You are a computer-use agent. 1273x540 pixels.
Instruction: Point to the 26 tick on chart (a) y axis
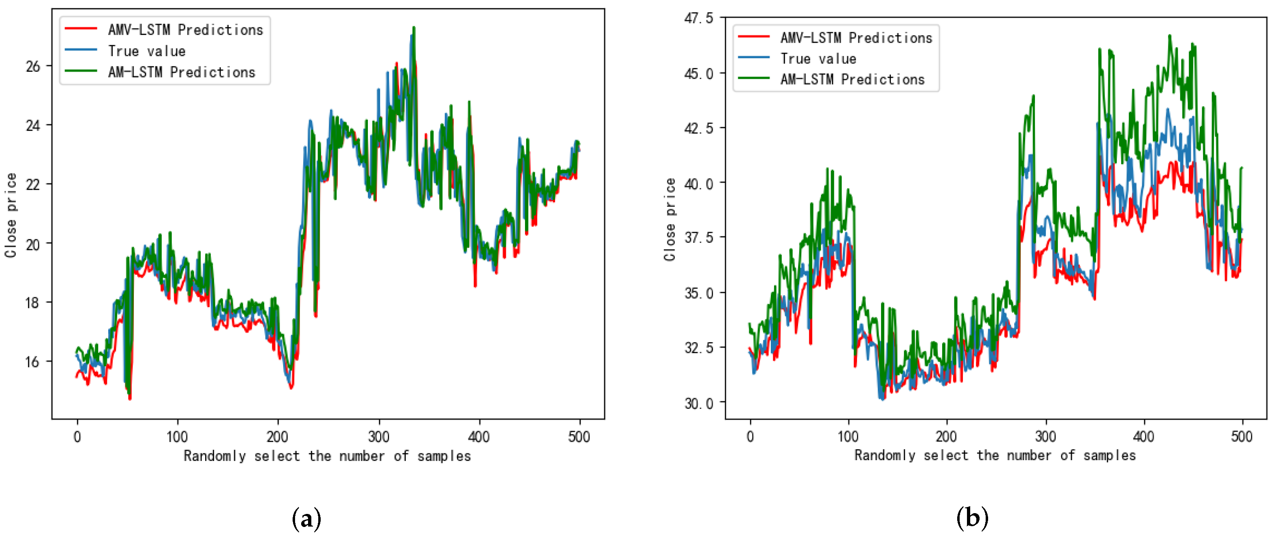[x=33, y=66]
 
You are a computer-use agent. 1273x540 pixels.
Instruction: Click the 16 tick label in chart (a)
[x=32, y=362]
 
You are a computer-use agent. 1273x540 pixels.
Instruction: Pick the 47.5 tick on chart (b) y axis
[x=698, y=18]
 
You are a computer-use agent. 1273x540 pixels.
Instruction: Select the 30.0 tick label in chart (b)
[x=698, y=404]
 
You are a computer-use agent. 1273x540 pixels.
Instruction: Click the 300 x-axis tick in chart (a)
[x=379, y=437]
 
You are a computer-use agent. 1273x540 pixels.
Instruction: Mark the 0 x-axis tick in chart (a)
[x=77, y=437]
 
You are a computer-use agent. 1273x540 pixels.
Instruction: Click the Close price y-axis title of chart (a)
[x=11, y=215]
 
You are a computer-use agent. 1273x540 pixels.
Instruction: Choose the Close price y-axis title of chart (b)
[x=669, y=220]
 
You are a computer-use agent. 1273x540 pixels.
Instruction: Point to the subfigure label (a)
[x=306, y=519]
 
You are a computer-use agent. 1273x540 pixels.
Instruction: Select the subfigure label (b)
[x=972, y=518]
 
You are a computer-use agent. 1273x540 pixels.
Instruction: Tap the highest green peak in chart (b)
[x=1169, y=35]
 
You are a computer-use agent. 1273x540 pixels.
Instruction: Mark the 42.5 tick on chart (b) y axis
[x=698, y=128]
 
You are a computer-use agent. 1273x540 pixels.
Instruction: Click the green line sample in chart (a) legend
[x=81, y=71]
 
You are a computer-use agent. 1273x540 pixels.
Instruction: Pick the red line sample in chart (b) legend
[x=753, y=37]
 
